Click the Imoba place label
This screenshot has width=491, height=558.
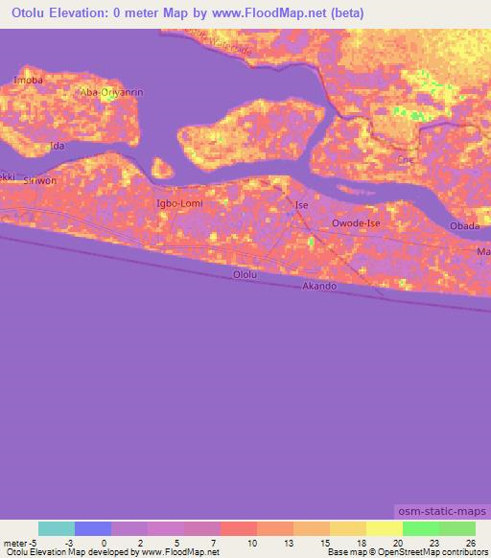(28, 81)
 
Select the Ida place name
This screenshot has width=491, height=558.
(58, 146)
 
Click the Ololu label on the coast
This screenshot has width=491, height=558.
(245, 275)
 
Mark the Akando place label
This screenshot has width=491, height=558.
(318, 287)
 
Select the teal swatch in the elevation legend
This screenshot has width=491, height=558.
(57, 528)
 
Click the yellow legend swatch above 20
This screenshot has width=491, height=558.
(385, 528)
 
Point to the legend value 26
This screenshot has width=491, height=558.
(470, 543)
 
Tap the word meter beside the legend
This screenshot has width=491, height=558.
(15, 543)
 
